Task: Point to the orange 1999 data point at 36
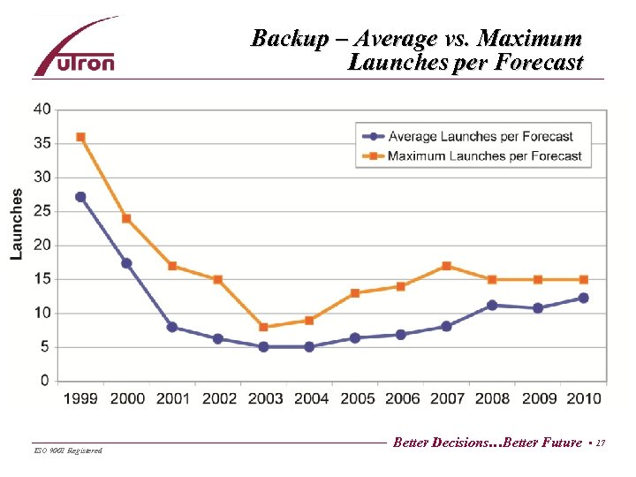point(80,137)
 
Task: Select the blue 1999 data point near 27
point(80,197)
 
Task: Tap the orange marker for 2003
point(263,327)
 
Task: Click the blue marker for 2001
point(172,327)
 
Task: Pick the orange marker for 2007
point(446,266)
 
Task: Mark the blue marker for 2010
point(583,298)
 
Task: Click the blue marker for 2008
point(492,306)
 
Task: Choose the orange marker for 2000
point(126,218)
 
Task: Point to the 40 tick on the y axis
point(42,110)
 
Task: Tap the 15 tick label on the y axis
point(42,279)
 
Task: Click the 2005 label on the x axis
point(356,398)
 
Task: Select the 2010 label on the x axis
point(583,398)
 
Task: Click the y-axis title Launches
point(17,224)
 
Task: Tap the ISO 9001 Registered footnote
point(67,450)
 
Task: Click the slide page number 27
point(601,443)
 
